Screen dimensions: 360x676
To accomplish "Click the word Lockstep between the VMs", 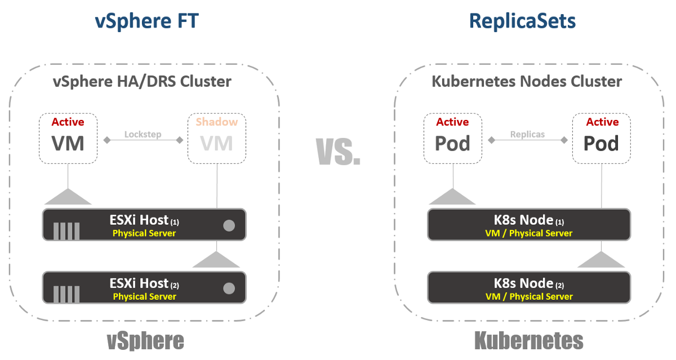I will pos(143,135).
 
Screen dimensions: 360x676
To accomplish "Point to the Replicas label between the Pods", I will pos(527,135).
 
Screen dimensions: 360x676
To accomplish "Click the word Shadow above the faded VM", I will pos(217,122).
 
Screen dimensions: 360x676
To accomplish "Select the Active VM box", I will pos(68,138).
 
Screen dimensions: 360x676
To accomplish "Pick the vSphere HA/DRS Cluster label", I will pos(142,81).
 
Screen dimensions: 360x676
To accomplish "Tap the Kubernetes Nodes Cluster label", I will pos(527,81).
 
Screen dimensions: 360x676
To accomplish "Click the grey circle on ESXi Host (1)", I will pos(229,226).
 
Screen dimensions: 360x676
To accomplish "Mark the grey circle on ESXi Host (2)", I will pos(229,288).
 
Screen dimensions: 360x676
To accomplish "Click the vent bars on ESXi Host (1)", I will pos(66,232).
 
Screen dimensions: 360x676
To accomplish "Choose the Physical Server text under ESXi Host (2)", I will pos(144,296).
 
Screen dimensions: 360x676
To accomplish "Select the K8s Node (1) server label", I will pos(528,220).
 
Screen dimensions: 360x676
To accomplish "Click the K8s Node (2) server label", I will pos(528,283).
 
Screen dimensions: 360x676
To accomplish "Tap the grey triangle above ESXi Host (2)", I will pos(216,260).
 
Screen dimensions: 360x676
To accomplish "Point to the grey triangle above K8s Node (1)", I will pos(452,197).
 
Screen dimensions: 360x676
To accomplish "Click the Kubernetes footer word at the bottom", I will pos(528,341).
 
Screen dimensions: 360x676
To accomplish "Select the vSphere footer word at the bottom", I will pos(145,341).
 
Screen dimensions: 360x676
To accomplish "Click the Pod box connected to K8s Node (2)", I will pos(602,138).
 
